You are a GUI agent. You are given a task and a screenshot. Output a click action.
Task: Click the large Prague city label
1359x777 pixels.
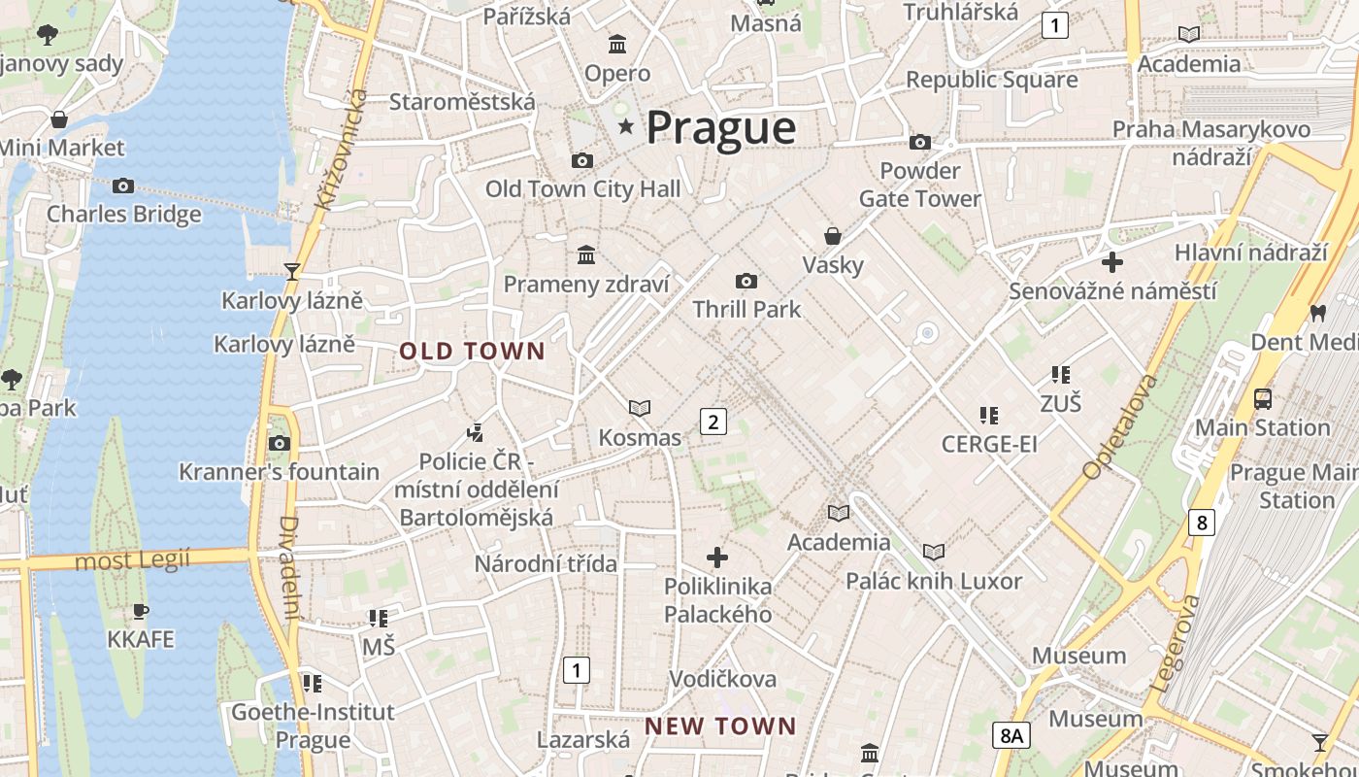tap(720, 128)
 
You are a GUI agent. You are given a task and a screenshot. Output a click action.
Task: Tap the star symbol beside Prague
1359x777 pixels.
tap(626, 126)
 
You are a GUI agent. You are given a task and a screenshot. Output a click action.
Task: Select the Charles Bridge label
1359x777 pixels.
tap(124, 214)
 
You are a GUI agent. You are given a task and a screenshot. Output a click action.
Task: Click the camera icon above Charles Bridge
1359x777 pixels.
tap(123, 186)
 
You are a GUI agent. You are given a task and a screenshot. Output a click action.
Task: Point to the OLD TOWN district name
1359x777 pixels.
tap(473, 352)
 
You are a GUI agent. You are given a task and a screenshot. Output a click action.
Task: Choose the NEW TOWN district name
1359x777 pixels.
tap(720, 726)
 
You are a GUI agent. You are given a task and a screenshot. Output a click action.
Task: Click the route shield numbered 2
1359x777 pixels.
tap(713, 422)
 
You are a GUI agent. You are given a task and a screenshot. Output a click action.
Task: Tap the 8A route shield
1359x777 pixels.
tap(1011, 735)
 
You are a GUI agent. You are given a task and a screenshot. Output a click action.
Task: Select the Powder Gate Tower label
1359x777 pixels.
tap(919, 185)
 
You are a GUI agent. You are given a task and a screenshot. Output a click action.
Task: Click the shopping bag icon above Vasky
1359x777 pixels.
tap(833, 236)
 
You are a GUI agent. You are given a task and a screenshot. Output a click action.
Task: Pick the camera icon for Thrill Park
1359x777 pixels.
tap(746, 282)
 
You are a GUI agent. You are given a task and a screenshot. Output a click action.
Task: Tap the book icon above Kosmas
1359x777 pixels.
tap(640, 409)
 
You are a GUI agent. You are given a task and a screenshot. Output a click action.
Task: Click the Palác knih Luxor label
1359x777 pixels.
tap(934, 582)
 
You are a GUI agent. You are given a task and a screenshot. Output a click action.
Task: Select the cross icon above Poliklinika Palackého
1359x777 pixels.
tap(717, 557)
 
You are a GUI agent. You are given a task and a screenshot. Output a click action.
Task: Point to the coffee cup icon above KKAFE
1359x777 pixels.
tap(141, 611)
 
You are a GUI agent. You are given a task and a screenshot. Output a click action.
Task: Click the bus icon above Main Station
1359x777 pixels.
tap(1263, 398)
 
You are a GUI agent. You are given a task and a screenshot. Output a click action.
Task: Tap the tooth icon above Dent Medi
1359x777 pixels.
tap(1317, 313)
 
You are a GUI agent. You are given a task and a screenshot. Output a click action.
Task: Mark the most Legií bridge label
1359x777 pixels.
tap(132, 560)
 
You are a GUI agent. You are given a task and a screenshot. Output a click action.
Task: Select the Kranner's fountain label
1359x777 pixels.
tap(279, 472)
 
